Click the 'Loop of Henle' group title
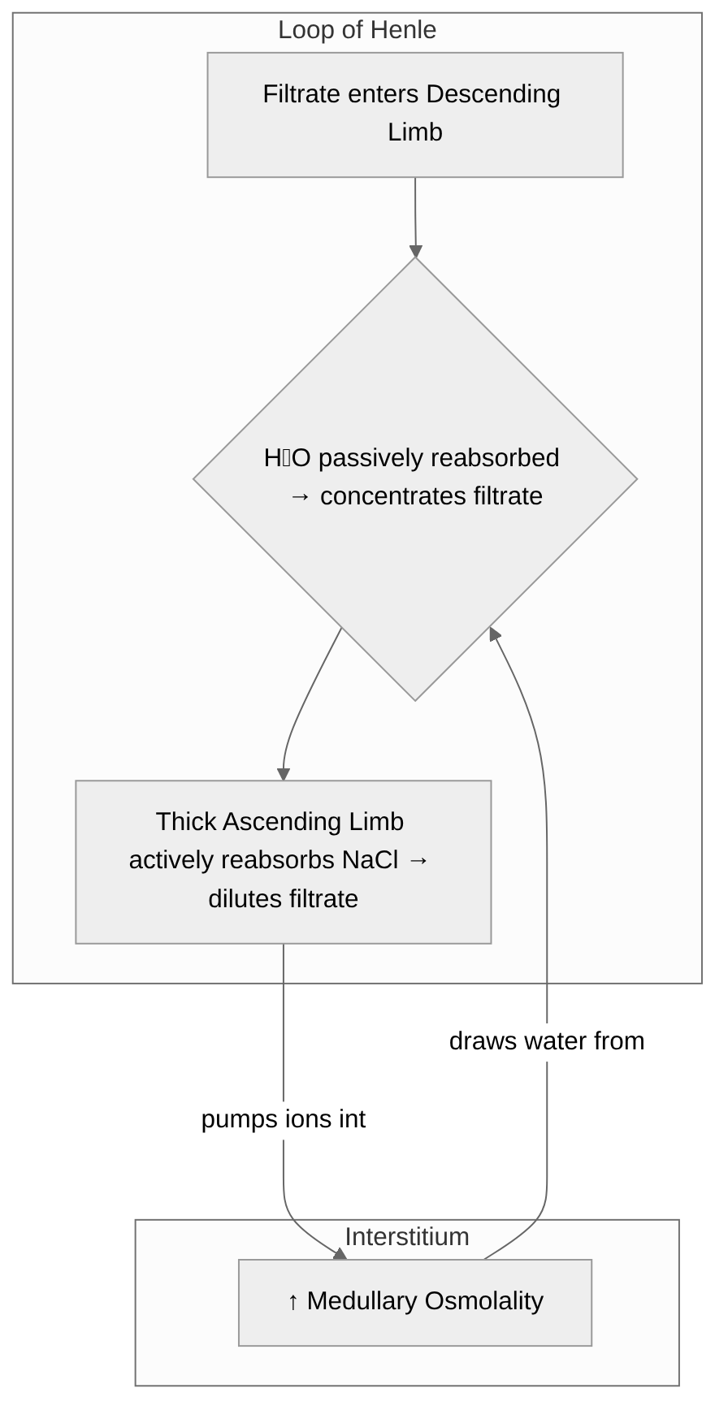357,30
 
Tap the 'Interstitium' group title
406,1236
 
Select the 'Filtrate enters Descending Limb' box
414,115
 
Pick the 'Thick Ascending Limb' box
283,861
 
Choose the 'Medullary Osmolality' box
414,1302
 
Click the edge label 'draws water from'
546,1040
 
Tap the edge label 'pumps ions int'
284,1118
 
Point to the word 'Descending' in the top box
493,94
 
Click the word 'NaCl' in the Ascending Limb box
370,859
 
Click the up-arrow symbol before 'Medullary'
293,1301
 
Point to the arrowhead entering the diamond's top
415,251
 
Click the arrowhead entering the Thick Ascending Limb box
283,774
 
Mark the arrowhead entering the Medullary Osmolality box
340,1254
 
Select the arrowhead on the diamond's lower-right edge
493,634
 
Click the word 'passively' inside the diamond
371,457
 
